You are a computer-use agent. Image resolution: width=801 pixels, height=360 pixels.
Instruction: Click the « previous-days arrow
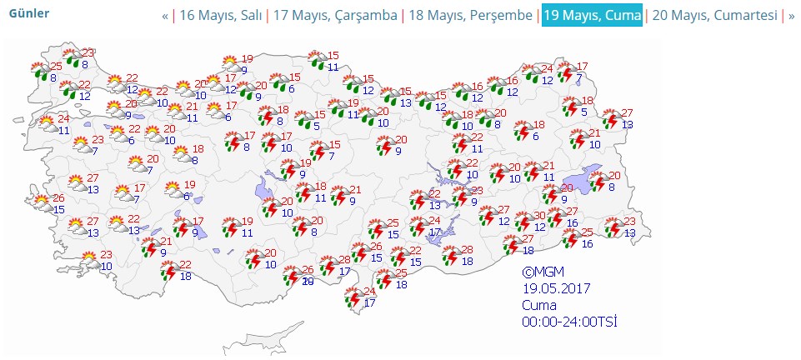pos(165,16)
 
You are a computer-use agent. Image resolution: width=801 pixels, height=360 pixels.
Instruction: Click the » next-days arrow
pos(792,16)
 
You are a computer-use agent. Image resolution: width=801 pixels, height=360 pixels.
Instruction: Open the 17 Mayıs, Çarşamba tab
pos(335,16)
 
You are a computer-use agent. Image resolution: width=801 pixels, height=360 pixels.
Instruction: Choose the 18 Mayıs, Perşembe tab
pos(470,16)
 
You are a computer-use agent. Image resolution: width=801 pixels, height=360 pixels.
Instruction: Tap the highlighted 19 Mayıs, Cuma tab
pos(593,16)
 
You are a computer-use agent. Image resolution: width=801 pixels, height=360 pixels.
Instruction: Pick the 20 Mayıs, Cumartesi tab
pos(714,16)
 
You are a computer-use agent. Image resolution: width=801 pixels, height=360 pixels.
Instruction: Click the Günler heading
pos(29,13)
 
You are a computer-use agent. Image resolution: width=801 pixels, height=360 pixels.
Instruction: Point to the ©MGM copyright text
pos(543,272)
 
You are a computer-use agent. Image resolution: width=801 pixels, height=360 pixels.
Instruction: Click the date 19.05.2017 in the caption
pos(557,288)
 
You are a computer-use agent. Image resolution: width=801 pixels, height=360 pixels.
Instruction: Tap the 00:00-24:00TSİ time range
pos(569,321)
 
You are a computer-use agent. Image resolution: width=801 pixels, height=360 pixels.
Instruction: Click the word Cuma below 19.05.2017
pos(539,305)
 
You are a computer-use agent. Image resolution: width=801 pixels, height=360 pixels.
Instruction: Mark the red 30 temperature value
pos(540,216)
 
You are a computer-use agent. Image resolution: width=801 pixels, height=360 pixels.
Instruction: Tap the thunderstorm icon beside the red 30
pos(524,222)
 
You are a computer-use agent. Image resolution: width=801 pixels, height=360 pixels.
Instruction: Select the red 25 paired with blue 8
pos(55,67)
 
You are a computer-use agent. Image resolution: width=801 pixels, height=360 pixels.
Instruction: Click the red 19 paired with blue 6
pos(189,185)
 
